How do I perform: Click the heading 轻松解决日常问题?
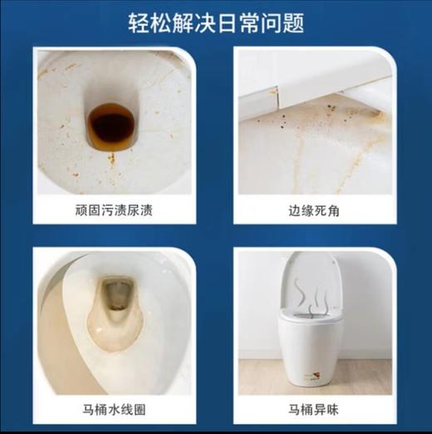coord(216,23)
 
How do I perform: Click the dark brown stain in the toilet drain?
coord(112,123)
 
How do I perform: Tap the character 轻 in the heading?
coord(139,23)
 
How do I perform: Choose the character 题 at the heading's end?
coord(294,23)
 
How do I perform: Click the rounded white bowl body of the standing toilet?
coord(309,345)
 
